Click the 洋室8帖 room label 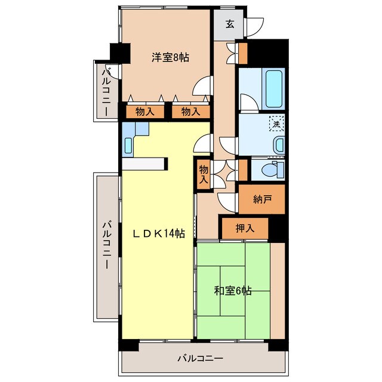point(170,58)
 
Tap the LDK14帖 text point(159,234)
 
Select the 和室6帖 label point(233,291)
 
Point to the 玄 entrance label point(230,24)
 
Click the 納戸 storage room point(262,199)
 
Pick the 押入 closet point(245,228)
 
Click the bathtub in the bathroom point(275,89)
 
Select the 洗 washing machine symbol point(276,124)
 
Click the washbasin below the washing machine point(279,144)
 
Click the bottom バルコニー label point(201,359)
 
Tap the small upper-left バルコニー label point(106,93)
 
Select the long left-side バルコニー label point(107,244)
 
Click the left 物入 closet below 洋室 point(145,112)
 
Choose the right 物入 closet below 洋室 point(191,112)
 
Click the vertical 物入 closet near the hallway point(204,174)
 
